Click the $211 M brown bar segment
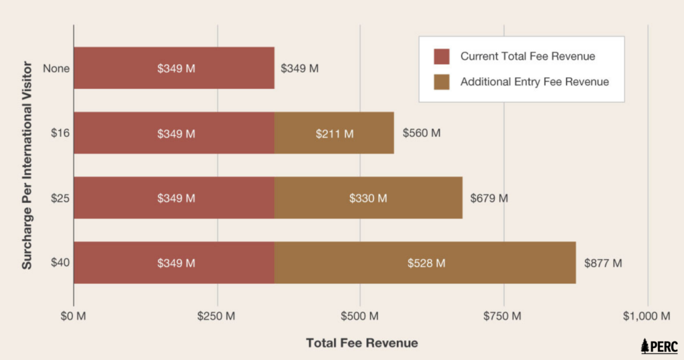click(x=334, y=133)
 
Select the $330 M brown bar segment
click(x=368, y=198)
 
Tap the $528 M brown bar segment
click(x=425, y=262)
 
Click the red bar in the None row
click(x=174, y=68)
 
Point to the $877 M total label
click(x=603, y=262)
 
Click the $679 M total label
click(x=489, y=198)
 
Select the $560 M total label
click(x=421, y=133)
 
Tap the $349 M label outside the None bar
click(x=299, y=68)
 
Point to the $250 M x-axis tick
click(x=217, y=315)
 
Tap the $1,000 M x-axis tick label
click(x=647, y=315)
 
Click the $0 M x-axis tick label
click(x=73, y=315)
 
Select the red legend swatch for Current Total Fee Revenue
click(x=442, y=56)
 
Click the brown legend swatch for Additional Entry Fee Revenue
click(x=442, y=81)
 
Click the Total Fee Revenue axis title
click(x=362, y=343)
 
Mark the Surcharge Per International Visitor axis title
click(x=27, y=165)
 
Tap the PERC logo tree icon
click(x=645, y=346)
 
